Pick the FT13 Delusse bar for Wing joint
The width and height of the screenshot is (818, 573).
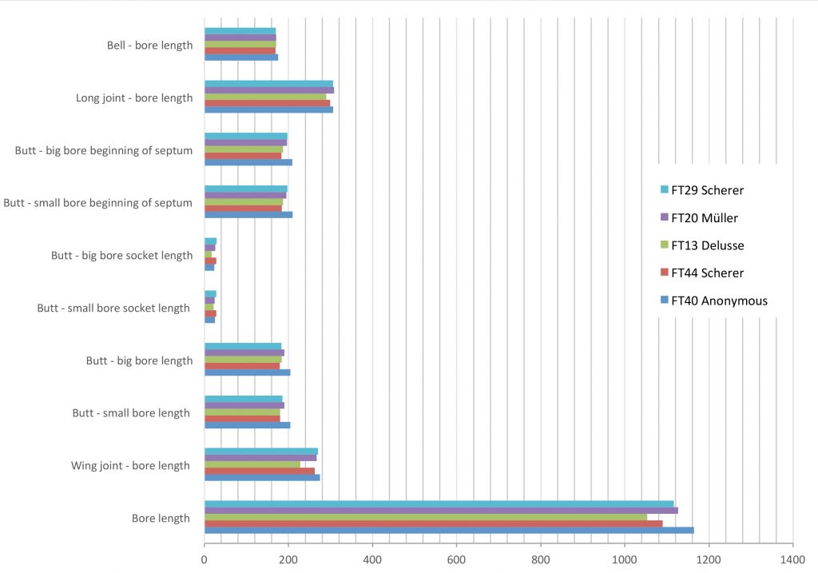[252, 464]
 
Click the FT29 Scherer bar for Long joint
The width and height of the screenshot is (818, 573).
[268, 84]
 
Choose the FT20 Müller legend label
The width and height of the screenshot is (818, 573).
[705, 217]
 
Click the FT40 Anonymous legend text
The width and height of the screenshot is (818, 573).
[719, 300]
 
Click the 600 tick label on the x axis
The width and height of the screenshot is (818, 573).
[457, 561]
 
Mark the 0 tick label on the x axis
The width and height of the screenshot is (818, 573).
[204, 561]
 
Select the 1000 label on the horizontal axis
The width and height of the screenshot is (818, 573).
[625, 561]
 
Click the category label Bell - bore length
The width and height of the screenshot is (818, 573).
[150, 46]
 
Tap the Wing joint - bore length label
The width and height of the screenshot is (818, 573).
[131, 466]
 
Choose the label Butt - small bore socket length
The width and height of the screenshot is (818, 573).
[113, 308]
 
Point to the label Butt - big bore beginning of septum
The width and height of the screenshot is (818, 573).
[104, 150]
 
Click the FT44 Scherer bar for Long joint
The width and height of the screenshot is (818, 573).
[267, 103]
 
